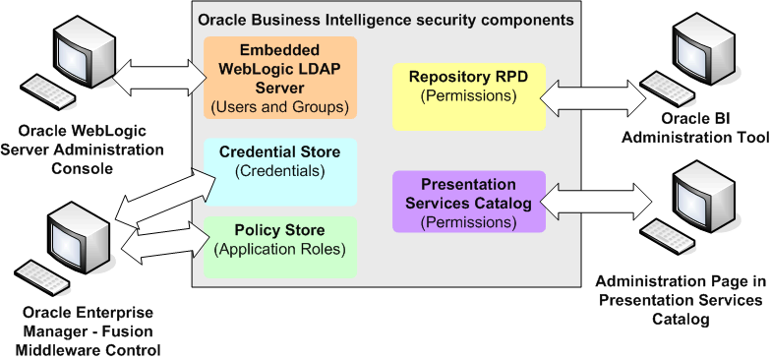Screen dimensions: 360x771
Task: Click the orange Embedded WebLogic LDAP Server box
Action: pos(280,78)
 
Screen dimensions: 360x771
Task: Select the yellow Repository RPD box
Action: pos(467,96)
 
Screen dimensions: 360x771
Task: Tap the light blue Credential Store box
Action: pos(280,171)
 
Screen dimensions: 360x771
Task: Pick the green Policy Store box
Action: pos(280,246)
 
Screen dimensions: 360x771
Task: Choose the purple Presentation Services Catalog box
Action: pos(468,202)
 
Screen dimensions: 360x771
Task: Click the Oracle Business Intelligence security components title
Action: pos(385,19)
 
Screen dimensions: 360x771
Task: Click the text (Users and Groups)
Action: pos(280,106)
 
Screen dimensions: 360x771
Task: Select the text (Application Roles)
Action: pos(280,250)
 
